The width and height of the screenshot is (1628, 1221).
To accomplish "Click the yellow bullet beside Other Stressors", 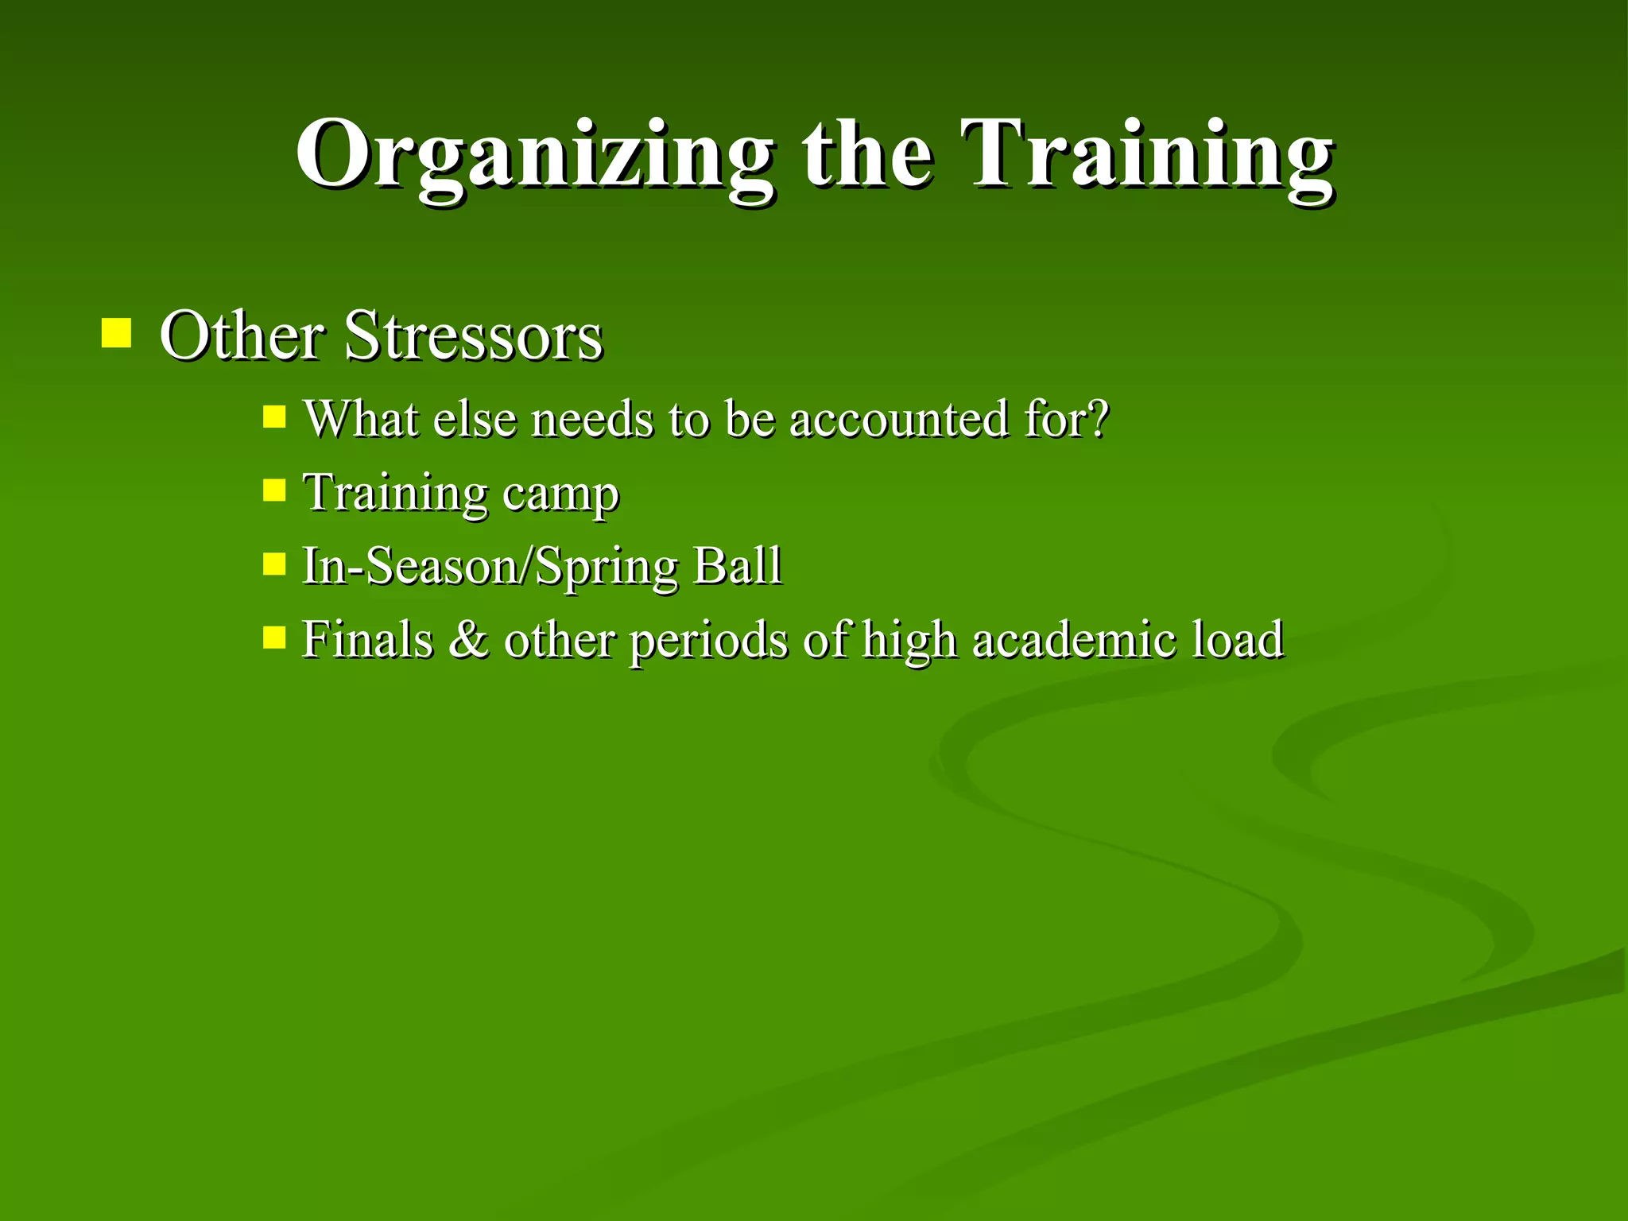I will click(116, 334).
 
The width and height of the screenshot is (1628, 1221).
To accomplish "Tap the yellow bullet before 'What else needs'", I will click(274, 417).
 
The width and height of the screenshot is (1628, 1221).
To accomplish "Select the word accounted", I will click(898, 420).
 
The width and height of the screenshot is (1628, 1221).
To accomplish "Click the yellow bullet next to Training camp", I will click(274, 490).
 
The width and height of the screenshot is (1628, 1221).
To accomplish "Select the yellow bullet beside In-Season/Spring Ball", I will click(274, 564).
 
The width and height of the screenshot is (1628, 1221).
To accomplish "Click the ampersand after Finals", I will click(468, 639).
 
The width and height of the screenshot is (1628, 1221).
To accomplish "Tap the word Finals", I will click(367, 639).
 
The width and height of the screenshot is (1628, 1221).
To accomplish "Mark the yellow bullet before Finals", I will click(274, 637).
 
